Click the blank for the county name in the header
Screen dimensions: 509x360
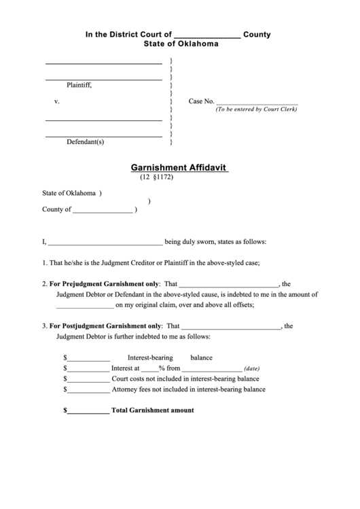207,36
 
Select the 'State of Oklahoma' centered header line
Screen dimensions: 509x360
181,44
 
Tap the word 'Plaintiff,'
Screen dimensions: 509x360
79,86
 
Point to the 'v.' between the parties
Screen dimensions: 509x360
57,101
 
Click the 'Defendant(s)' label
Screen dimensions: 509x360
85,142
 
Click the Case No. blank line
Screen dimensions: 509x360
256,102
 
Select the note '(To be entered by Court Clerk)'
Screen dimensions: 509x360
256,109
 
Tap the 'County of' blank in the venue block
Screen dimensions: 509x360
103,211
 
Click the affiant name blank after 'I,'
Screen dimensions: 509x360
105,242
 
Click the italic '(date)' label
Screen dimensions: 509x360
251,368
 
